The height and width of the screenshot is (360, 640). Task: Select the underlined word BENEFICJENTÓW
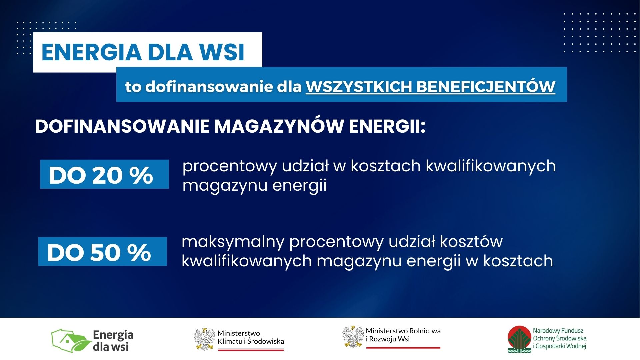pos(486,86)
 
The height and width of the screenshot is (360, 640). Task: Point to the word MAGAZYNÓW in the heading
pos(279,126)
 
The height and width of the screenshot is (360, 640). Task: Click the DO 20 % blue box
pos(104,174)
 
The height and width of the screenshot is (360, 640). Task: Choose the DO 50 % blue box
pos(102,252)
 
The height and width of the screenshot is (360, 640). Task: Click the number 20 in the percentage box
pos(107,175)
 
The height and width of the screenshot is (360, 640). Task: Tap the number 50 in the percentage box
pos(105,253)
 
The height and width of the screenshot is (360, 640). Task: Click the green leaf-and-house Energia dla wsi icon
pos(71,341)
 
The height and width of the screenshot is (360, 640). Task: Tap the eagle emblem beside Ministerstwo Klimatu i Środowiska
pos(205,339)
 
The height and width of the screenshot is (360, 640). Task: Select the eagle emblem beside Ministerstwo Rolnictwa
pos(353,337)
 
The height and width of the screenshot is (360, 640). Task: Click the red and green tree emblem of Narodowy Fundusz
pos(519,339)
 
